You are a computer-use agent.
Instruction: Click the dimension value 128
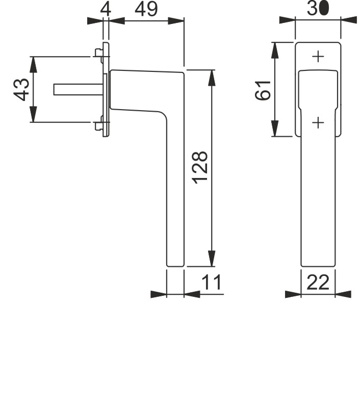200,167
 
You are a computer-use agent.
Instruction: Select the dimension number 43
21,89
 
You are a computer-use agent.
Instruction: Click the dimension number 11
212,282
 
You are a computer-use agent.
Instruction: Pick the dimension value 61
263,91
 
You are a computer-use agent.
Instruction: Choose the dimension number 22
318,283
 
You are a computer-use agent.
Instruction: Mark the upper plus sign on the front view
318,57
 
